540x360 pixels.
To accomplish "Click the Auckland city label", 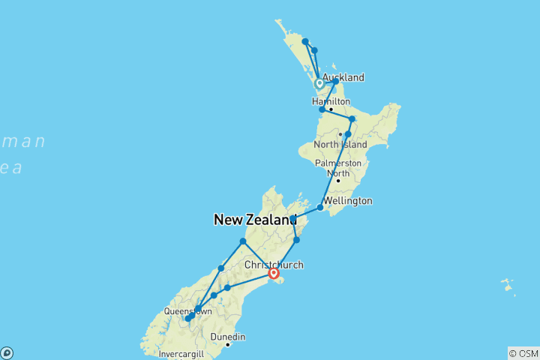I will point(343,77).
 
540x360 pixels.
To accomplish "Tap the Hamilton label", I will point(331,101).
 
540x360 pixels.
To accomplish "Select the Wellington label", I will point(347,201).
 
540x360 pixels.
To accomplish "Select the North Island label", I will point(340,144).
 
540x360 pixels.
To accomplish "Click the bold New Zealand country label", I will point(255,220).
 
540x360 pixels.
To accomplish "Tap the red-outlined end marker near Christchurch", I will point(274,274).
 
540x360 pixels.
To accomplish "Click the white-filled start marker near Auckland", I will point(319,83).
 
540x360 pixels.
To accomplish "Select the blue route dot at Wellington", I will point(320,207).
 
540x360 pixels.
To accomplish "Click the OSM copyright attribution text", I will point(523,352).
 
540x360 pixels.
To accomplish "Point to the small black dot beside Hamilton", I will point(331,109).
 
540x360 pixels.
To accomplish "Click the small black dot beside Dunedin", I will point(227,344).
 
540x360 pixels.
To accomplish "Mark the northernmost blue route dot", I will point(305,42).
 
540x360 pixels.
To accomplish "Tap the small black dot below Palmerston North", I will point(338,180).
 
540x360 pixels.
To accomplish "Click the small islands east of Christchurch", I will point(508,286).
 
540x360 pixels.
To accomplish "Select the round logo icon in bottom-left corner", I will point(6,352).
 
